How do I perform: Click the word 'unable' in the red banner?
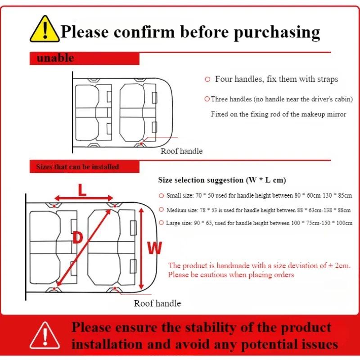pyautogui.click(x=55, y=58)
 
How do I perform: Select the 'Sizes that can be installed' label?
pyautogui.click(x=77, y=167)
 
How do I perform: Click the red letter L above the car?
pyautogui.click(x=82, y=189)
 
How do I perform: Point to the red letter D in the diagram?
pyautogui.click(x=77, y=238)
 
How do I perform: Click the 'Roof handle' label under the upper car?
pyautogui.click(x=181, y=151)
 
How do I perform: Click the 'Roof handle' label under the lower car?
pyautogui.click(x=157, y=303)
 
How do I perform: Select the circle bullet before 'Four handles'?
pyautogui.click(x=207, y=80)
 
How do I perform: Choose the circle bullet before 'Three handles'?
pyautogui.click(x=207, y=99)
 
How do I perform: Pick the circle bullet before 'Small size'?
pyautogui.click(x=162, y=196)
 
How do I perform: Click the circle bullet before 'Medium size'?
pyautogui.click(x=162, y=210)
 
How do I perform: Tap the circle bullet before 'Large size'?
pyautogui.click(x=162, y=223)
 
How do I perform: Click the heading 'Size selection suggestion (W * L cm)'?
pyautogui.click(x=222, y=180)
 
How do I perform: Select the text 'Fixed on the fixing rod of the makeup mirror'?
pyautogui.click(x=279, y=114)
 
